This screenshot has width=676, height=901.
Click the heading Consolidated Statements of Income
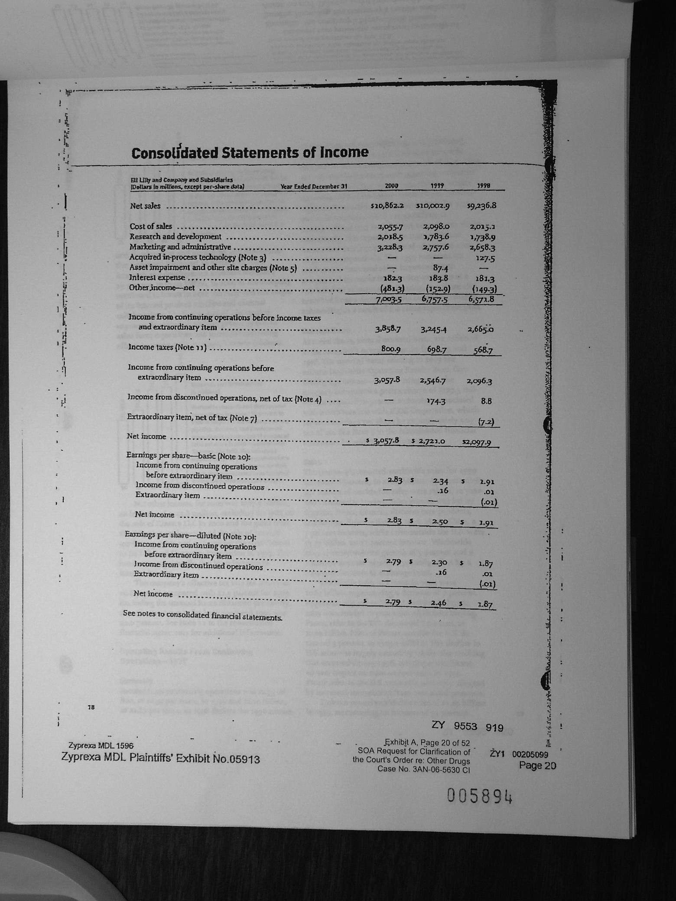250,153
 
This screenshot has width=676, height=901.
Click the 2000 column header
391,187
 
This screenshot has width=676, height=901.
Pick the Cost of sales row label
151,226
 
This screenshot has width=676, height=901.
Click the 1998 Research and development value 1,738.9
483,237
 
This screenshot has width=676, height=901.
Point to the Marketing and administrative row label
180,247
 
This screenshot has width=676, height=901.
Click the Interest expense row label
157,278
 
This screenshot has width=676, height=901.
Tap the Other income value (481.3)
392,288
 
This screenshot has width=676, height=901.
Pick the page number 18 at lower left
91,707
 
